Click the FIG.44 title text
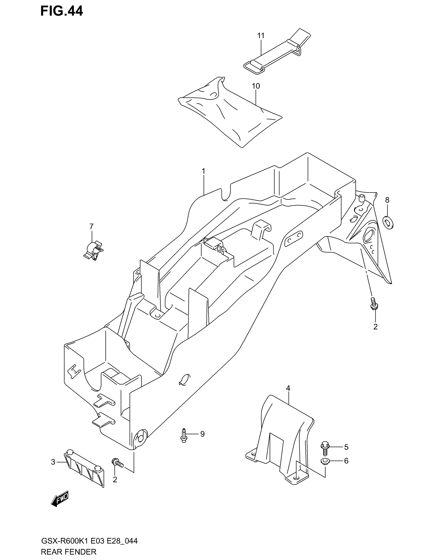pyautogui.click(x=62, y=11)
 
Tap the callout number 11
pyautogui.click(x=261, y=36)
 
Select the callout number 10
pyautogui.click(x=256, y=86)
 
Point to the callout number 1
pyautogui.click(x=204, y=171)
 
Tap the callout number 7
pyautogui.click(x=91, y=226)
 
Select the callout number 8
pyautogui.click(x=387, y=200)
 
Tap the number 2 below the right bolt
pyautogui.click(x=375, y=327)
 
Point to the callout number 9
pyautogui.click(x=202, y=434)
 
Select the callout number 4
pyautogui.click(x=288, y=388)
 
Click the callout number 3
pyautogui.click(x=53, y=462)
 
